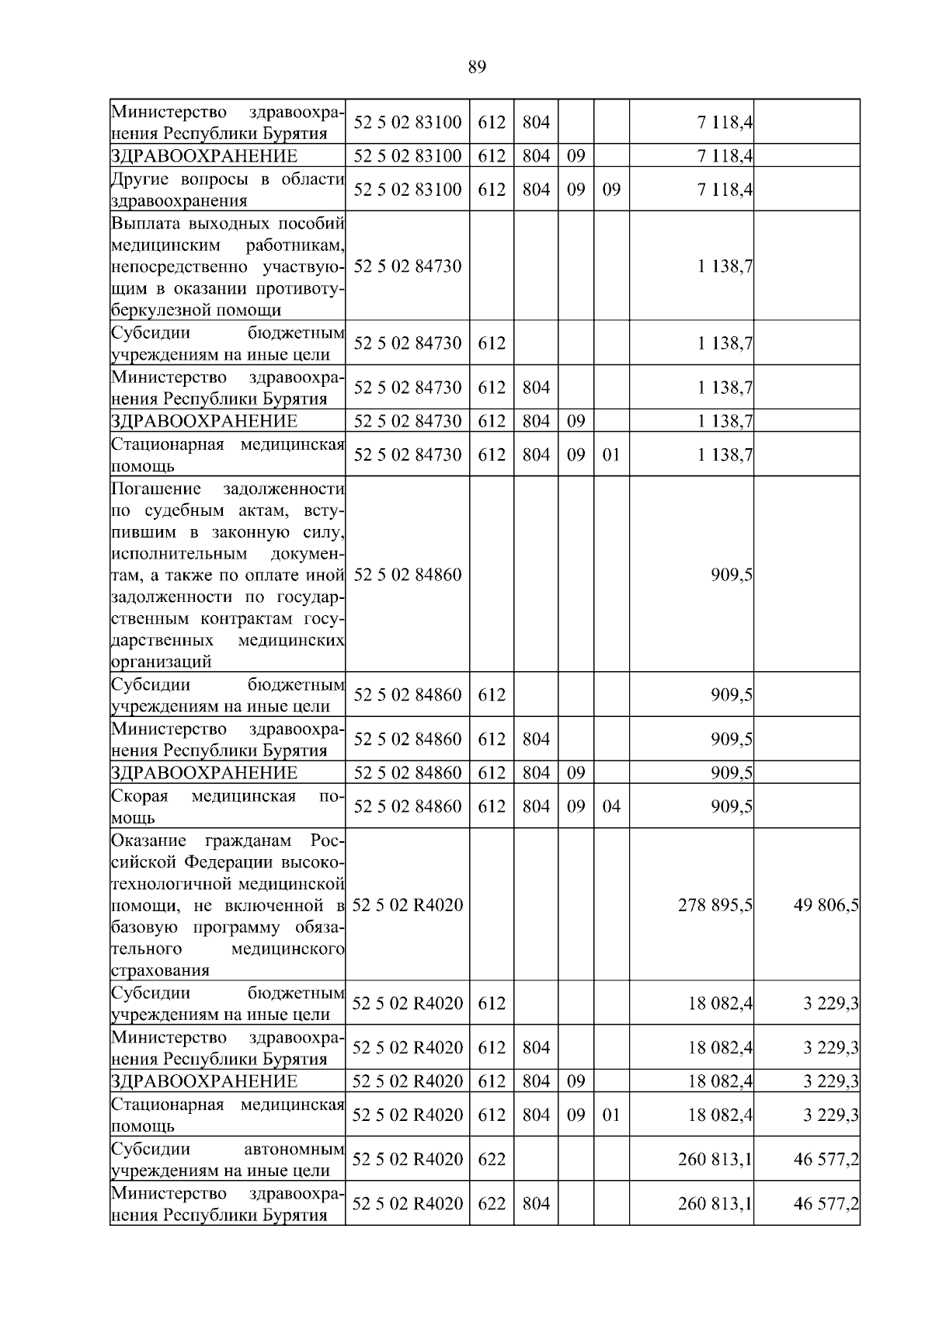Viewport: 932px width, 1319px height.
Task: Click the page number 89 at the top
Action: tap(477, 68)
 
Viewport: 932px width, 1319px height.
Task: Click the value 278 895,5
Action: tap(715, 905)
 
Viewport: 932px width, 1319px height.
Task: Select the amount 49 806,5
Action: tap(826, 905)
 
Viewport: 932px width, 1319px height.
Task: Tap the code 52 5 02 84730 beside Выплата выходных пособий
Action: tap(407, 266)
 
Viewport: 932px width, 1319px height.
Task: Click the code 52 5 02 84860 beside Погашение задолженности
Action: tap(407, 575)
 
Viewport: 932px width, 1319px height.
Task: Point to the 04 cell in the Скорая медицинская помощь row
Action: tap(611, 806)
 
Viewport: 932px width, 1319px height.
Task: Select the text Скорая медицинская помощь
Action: tap(227, 806)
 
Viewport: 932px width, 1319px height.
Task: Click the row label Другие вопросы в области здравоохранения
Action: tap(227, 190)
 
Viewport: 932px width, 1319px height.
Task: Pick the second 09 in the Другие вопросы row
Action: tap(611, 190)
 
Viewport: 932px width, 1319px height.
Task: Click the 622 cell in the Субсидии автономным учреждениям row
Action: tap(491, 1159)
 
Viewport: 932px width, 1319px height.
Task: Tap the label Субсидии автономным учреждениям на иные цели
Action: tap(227, 1159)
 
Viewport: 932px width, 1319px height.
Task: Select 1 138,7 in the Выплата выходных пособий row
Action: tap(725, 266)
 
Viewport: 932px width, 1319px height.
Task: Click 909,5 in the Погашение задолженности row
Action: tap(731, 575)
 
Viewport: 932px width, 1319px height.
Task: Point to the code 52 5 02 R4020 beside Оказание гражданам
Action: tap(407, 905)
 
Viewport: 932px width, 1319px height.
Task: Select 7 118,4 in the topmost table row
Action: tap(725, 122)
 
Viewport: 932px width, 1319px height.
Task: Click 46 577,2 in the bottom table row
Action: tap(826, 1203)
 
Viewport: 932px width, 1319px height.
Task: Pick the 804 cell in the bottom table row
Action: tap(535, 1203)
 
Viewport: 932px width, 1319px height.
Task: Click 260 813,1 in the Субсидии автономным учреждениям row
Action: tap(715, 1159)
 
